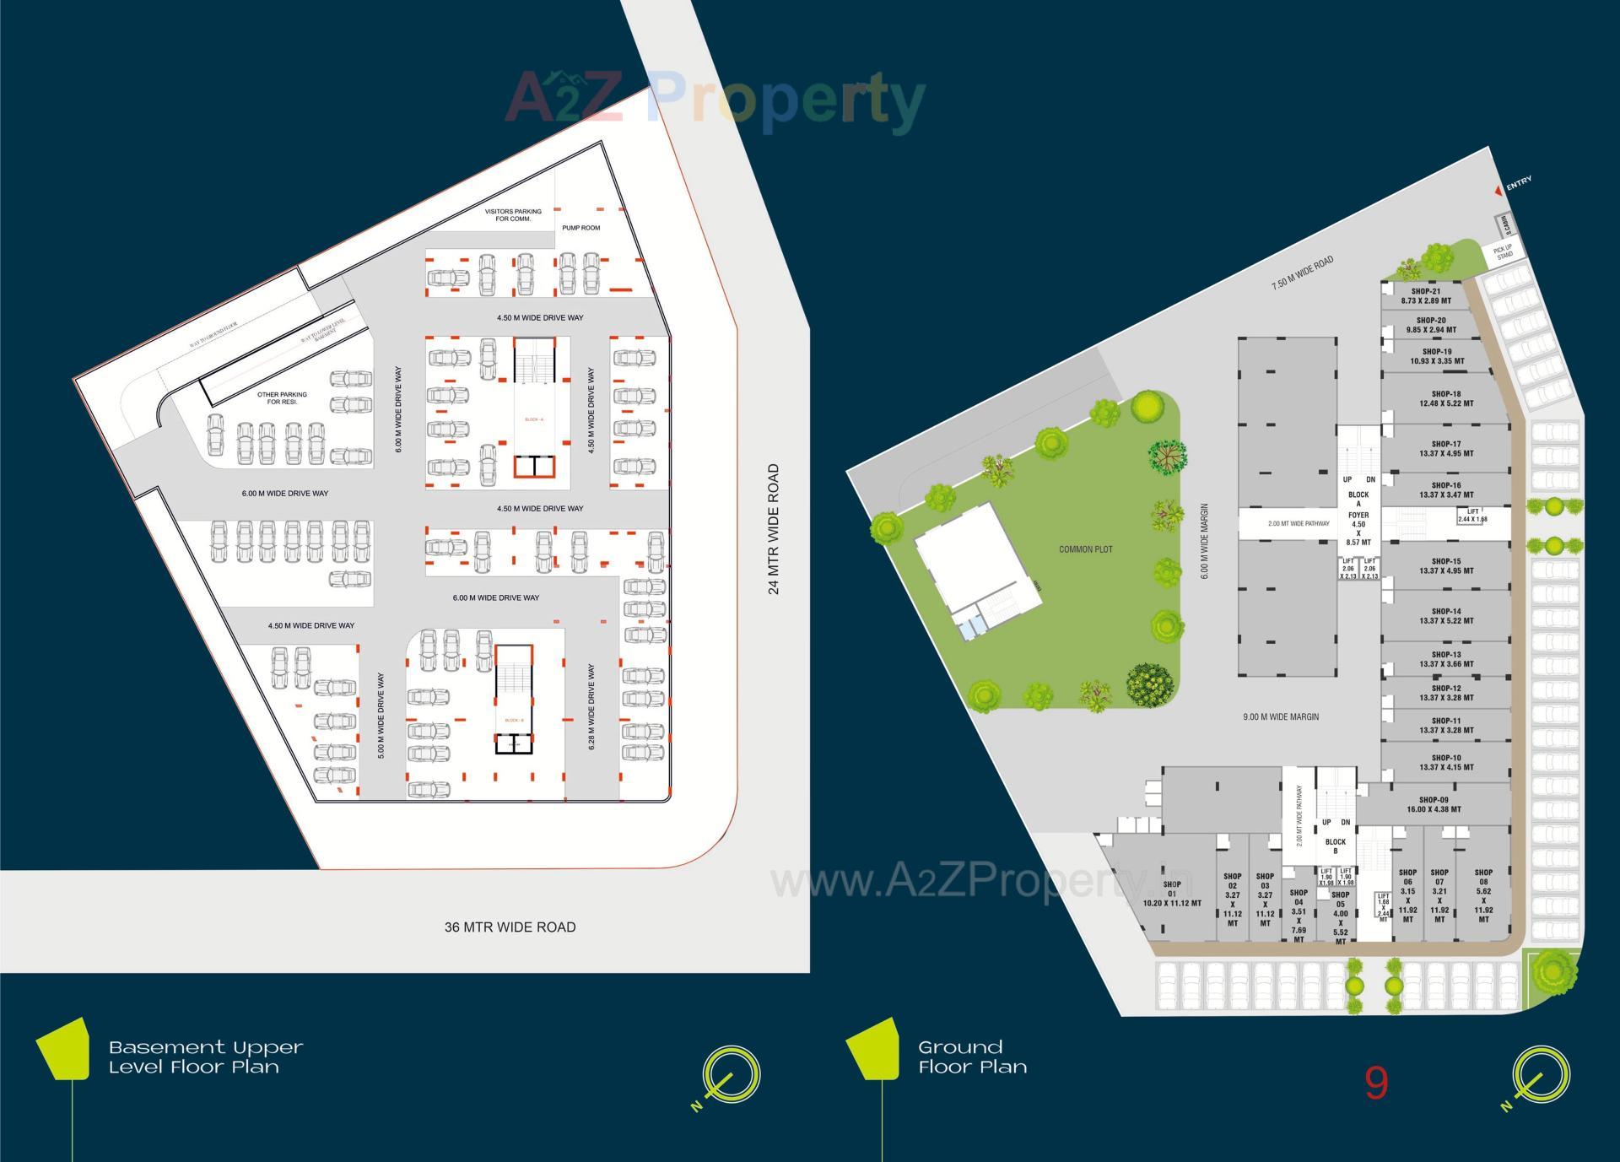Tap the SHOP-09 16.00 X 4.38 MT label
pyautogui.click(x=1434, y=805)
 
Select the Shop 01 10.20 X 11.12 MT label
pyautogui.click(x=1172, y=894)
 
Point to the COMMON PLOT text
pyautogui.click(x=1086, y=549)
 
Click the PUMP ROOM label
pyautogui.click(x=581, y=228)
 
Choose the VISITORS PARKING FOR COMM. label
pyautogui.click(x=513, y=215)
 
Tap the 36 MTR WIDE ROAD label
pyautogui.click(x=510, y=927)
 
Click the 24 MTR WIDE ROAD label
pyautogui.click(x=774, y=529)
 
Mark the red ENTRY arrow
pyautogui.click(x=1498, y=192)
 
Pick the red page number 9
pyautogui.click(x=1376, y=1083)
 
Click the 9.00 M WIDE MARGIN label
pyautogui.click(x=1281, y=717)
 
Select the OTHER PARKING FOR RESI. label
pyautogui.click(x=282, y=398)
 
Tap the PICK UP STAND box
pyautogui.click(x=1504, y=251)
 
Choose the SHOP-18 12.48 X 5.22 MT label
pyautogui.click(x=1446, y=398)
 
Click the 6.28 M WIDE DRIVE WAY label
pyautogui.click(x=591, y=707)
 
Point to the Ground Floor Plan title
pyautogui.click(x=972, y=1057)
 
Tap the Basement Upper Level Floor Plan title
pyautogui.click(x=206, y=1057)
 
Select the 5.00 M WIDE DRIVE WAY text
pyautogui.click(x=381, y=716)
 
